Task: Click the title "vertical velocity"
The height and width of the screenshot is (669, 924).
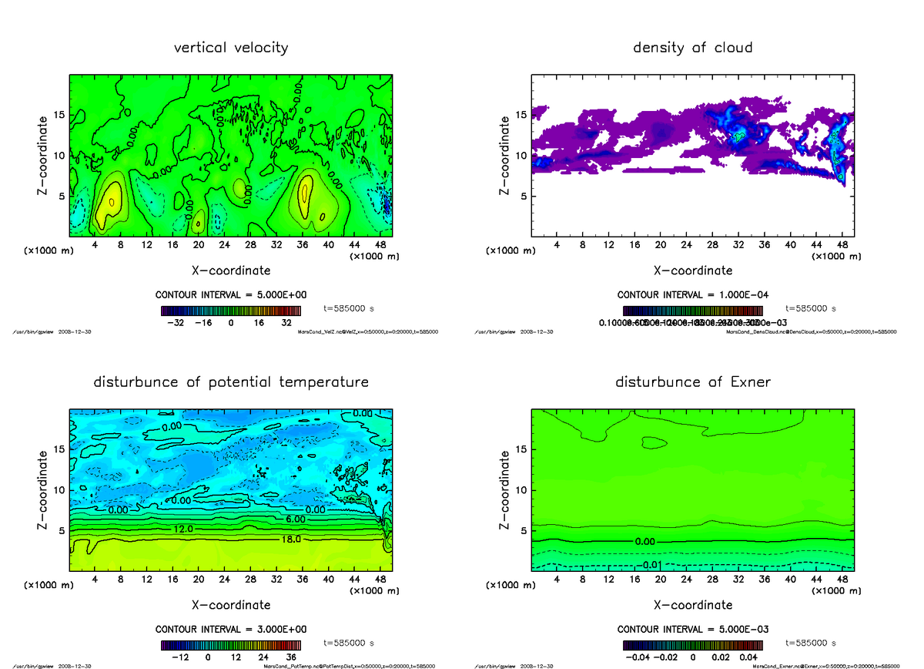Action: click(x=231, y=48)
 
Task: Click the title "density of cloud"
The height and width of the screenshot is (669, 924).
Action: click(x=692, y=48)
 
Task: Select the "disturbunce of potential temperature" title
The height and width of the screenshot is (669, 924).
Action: click(x=231, y=382)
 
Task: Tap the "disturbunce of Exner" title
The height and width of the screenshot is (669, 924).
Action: click(x=692, y=382)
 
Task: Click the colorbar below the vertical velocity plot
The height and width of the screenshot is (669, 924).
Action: click(x=231, y=311)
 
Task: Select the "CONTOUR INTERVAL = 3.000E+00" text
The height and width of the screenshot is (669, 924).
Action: click(x=231, y=629)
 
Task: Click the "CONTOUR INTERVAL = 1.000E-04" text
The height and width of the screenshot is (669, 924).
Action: click(x=693, y=295)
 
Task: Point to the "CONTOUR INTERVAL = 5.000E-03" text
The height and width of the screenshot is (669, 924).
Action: click(x=693, y=629)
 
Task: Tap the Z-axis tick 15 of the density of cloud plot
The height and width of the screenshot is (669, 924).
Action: click(x=521, y=115)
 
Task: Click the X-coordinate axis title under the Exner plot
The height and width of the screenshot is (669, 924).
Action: click(x=693, y=605)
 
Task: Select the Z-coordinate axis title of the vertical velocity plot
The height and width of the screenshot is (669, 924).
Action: click(x=45, y=154)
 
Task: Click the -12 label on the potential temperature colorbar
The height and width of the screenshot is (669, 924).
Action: click(x=179, y=657)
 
